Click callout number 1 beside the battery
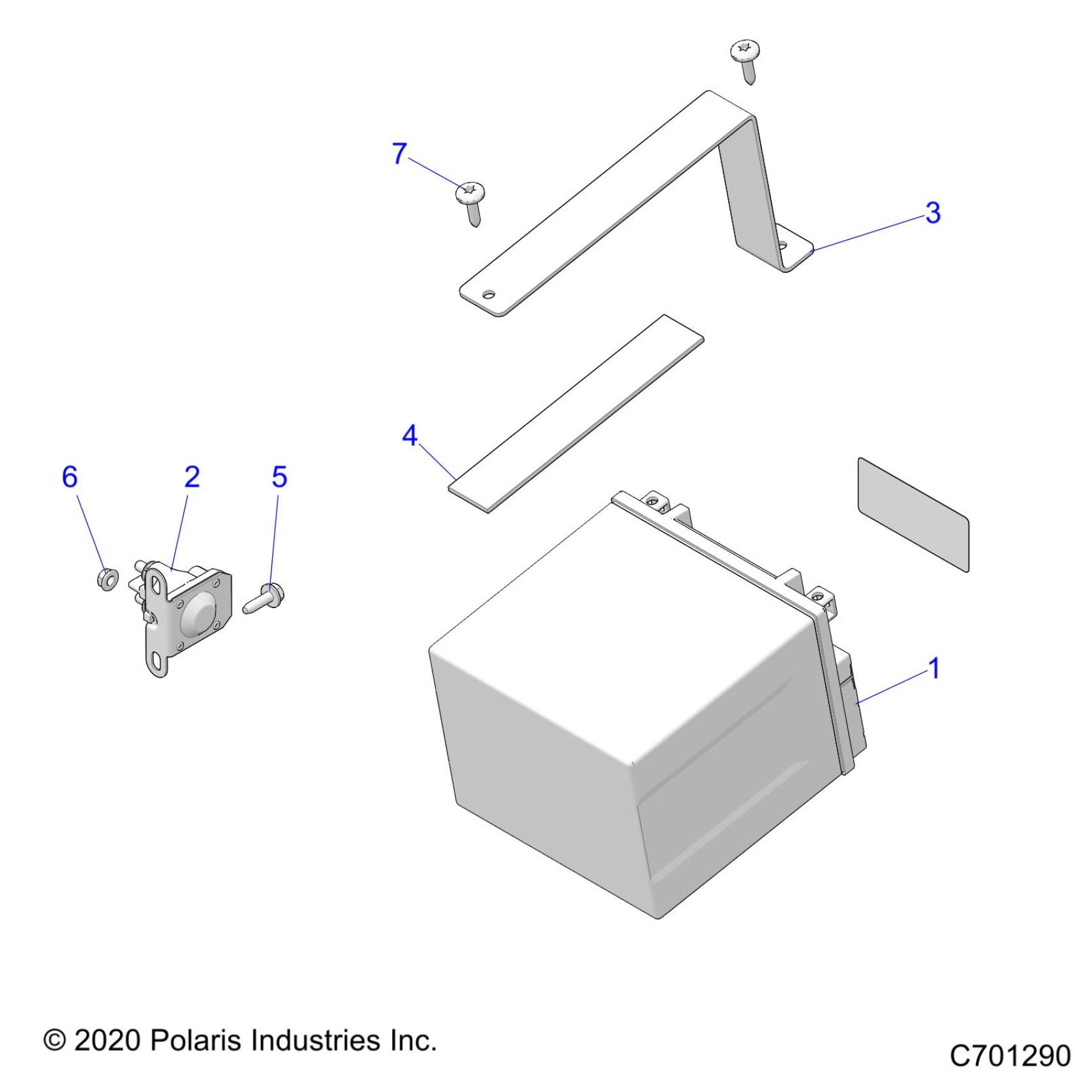(x=934, y=669)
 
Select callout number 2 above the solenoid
(x=192, y=477)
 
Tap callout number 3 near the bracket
(x=933, y=213)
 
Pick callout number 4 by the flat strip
(x=409, y=436)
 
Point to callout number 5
(x=279, y=477)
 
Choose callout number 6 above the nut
(x=70, y=477)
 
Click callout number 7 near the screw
(x=399, y=153)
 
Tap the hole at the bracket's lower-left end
(x=489, y=294)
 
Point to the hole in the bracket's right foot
(x=782, y=245)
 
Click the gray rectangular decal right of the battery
(x=913, y=514)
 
